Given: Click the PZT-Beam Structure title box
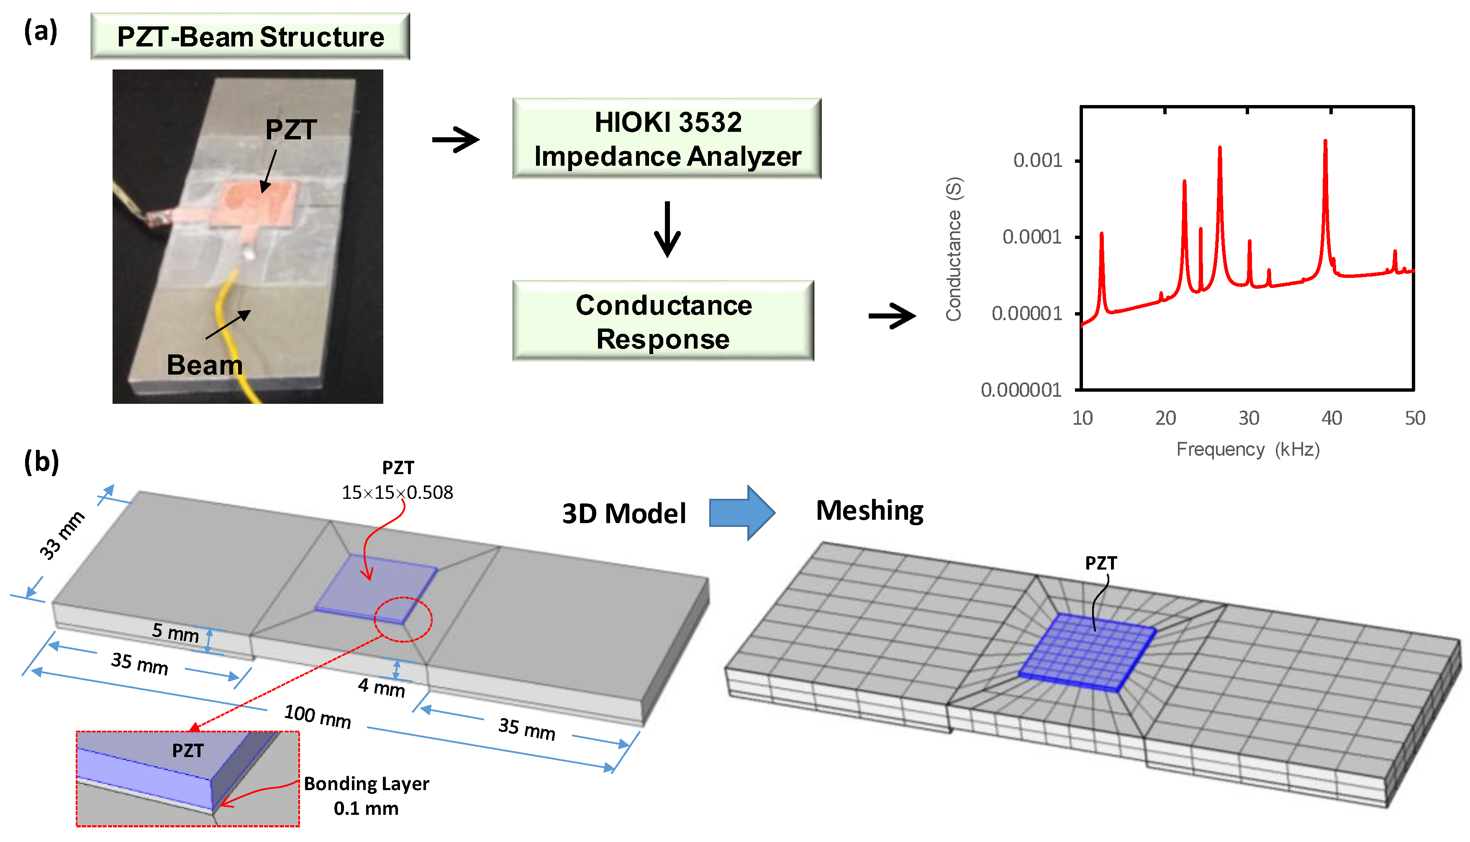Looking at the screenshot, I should [x=250, y=36].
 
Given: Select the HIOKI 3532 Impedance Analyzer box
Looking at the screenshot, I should [x=667, y=139].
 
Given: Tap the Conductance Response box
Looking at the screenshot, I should [x=663, y=321].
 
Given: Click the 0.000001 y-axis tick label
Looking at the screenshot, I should [x=1021, y=390].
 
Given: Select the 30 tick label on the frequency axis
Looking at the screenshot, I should [x=1249, y=418].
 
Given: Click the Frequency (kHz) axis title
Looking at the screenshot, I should [x=1248, y=449].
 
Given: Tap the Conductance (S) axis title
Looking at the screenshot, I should [x=953, y=249].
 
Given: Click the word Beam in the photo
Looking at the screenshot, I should [x=205, y=365].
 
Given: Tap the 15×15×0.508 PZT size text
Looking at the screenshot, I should [x=397, y=493].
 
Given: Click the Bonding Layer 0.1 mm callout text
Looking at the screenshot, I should [x=367, y=796].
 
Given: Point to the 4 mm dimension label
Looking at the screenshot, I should [x=382, y=688].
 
